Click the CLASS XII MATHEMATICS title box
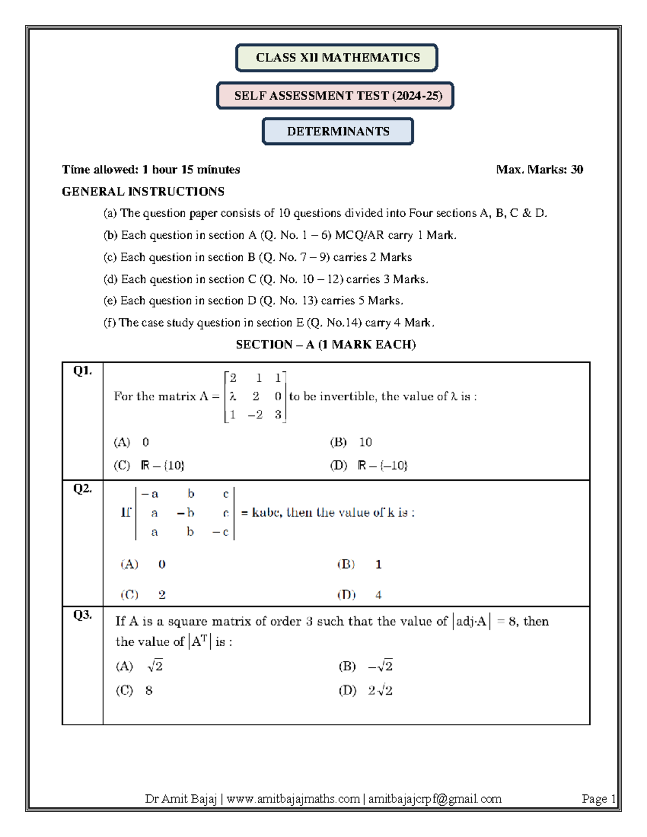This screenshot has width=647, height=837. tap(336, 58)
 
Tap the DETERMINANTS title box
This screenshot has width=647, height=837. tap(338, 132)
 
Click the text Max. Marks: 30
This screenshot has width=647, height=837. tap(539, 170)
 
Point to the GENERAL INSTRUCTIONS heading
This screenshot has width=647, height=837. tap(143, 192)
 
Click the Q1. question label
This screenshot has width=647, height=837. tap(82, 371)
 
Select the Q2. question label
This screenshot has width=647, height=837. tap(82, 489)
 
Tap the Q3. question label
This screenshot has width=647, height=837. tap(82, 615)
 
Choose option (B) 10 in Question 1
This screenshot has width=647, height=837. tap(351, 442)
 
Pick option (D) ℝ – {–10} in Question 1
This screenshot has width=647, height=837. tap(369, 466)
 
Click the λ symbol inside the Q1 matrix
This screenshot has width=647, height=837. tap(232, 397)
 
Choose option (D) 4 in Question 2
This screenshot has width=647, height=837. tap(360, 595)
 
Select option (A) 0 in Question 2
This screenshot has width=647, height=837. tap(143, 564)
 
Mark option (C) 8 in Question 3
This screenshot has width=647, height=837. tap(134, 691)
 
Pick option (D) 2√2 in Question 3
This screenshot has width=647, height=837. tap(366, 691)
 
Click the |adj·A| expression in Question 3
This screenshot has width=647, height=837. tap(471, 622)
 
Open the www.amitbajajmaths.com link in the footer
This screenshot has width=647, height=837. tap(293, 799)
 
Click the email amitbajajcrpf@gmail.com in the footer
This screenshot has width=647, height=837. tap(435, 799)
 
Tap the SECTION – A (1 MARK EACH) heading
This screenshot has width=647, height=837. tap(326, 345)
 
